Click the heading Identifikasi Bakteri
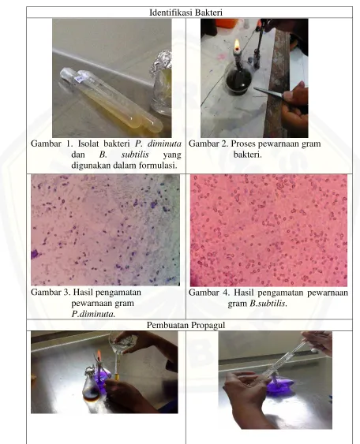(186, 13)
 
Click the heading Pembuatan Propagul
(186, 325)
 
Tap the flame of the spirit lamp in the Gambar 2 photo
(237, 45)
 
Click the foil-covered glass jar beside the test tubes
(162, 81)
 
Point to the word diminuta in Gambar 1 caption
(165, 144)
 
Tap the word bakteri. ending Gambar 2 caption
(247, 155)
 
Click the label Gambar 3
(51, 292)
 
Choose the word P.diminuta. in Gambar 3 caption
(93, 314)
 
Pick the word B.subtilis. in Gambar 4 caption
(268, 304)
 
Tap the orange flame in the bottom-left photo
(99, 355)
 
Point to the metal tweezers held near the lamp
(268, 92)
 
